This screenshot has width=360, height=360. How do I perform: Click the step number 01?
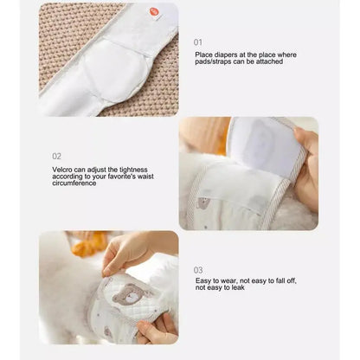198,42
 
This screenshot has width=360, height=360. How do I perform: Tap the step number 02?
56,156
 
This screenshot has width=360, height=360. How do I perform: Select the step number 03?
198,269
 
